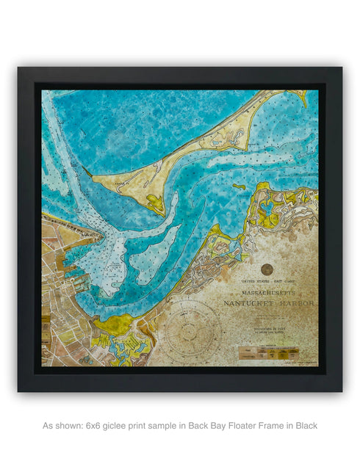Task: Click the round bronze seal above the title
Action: (266, 269)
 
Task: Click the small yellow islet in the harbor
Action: (239, 186)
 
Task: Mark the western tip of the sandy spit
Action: (94, 178)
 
